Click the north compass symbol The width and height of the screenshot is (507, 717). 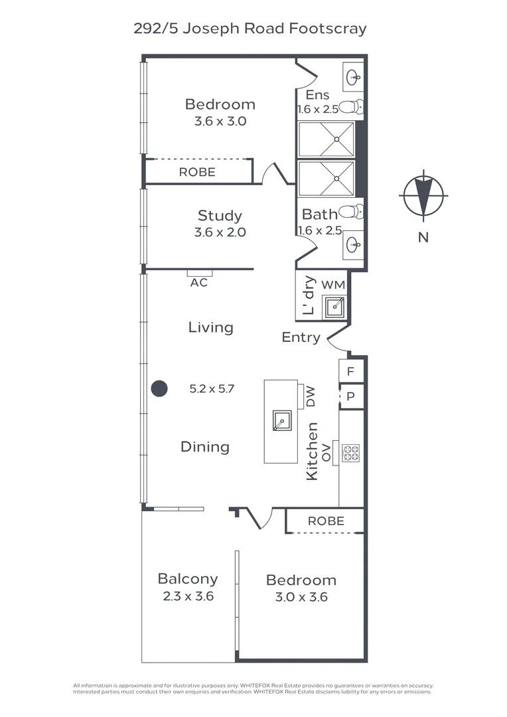click(423, 195)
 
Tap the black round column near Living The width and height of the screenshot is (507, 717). click(159, 389)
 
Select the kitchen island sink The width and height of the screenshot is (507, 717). click(281, 421)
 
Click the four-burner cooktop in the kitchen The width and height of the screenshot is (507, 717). click(350, 453)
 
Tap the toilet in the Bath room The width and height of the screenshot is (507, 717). click(352, 212)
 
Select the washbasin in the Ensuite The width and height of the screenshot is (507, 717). click(353, 78)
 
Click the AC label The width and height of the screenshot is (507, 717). click(199, 283)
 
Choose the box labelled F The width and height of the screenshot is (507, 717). click(351, 371)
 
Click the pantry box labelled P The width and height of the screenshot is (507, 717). click(351, 396)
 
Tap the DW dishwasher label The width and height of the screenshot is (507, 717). click(311, 396)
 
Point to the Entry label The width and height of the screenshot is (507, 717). click(301, 337)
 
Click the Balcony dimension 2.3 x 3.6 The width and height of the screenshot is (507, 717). click(188, 596)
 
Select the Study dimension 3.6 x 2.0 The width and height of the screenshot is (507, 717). click(220, 232)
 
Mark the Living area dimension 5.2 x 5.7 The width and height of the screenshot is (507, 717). click(212, 389)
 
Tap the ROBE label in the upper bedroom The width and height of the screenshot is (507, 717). click(197, 172)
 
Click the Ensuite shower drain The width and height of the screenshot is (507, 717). click(336, 139)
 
